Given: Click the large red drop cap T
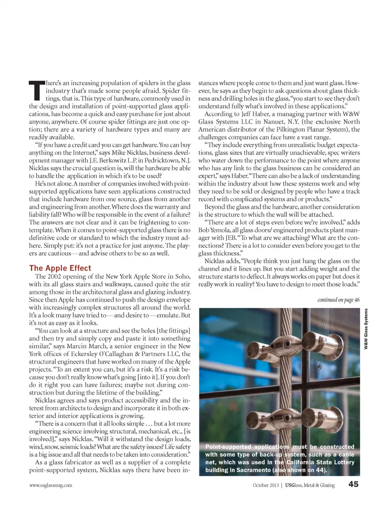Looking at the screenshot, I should (36, 90).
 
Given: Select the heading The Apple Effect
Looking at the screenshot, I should (60, 268).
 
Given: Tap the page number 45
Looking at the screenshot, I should (353, 484).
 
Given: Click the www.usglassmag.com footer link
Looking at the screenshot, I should (51, 485).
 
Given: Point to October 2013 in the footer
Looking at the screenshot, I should (266, 485).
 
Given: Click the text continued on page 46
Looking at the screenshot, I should (338, 300).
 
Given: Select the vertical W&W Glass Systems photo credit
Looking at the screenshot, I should (365, 329).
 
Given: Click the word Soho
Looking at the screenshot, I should (183, 277).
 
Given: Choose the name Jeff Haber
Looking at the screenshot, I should (253, 114).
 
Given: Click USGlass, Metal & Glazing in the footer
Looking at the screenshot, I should (310, 485).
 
